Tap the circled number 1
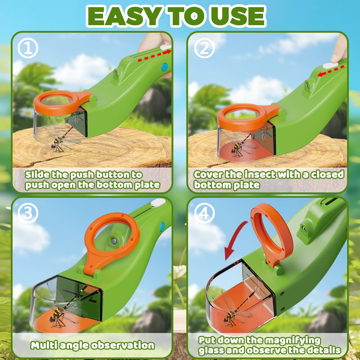[x=28, y=49]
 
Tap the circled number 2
[x=204, y=49]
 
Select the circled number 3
[x=28, y=213]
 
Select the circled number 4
[x=204, y=213]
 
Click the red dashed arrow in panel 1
[x=155, y=56]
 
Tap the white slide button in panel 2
[x=330, y=65]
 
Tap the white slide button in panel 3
[x=158, y=203]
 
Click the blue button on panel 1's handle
[x=164, y=67]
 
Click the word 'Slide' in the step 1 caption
[x=37, y=175]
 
